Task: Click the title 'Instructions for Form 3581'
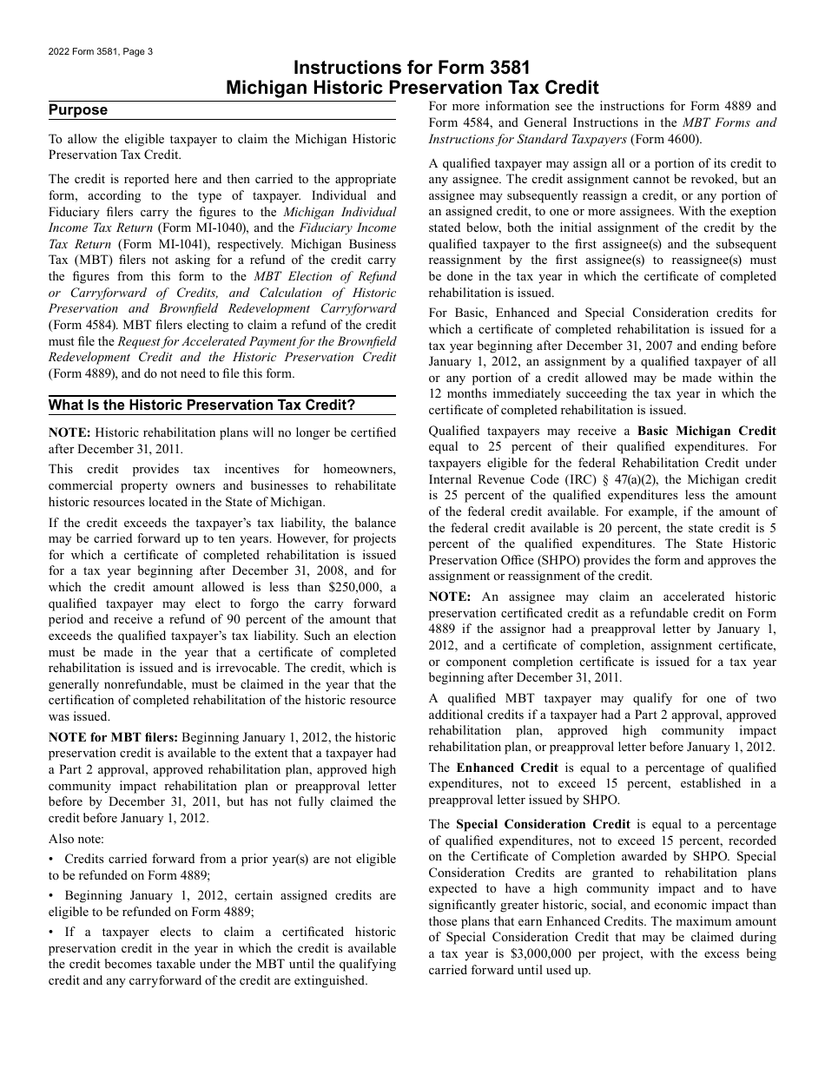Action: click(x=412, y=68)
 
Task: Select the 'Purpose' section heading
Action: click(x=78, y=110)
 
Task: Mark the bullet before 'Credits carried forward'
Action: click(x=51, y=859)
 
